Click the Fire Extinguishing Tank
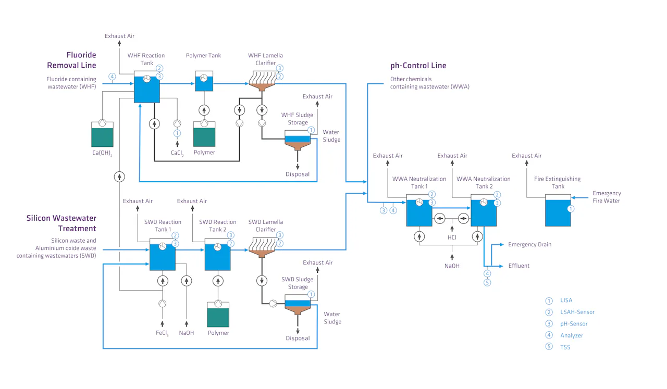(558, 210)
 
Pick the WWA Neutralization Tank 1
(419, 212)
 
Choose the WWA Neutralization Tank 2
(484, 212)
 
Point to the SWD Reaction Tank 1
(162, 255)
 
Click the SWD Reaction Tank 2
(217, 255)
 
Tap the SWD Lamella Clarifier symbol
(262, 248)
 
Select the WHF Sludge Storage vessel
(297, 141)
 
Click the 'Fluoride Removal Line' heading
(72, 60)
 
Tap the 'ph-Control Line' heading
(418, 66)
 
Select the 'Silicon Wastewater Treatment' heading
(61, 223)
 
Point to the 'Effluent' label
(518, 266)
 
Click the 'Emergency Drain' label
(529, 244)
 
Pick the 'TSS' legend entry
(565, 347)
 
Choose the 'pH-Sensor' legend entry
(574, 324)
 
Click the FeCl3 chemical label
(162, 333)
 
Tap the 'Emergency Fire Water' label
(607, 197)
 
